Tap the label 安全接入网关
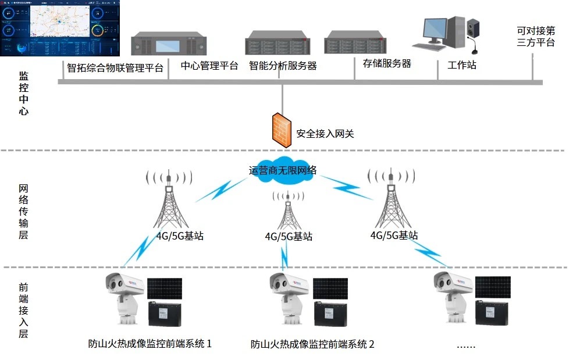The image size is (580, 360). pos(325,134)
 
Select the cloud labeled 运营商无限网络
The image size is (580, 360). pos(283,170)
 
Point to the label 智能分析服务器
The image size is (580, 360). pos(283,66)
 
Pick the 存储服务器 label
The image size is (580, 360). pos(387,63)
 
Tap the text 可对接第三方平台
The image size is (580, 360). pos(535,36)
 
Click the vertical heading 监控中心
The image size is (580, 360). pos(24,93)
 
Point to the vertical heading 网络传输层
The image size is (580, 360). pos(24,212)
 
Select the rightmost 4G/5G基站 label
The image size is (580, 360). pos(394,235)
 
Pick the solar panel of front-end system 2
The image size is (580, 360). pos(330,288)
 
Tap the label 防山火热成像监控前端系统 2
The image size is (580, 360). pos(312,344)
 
